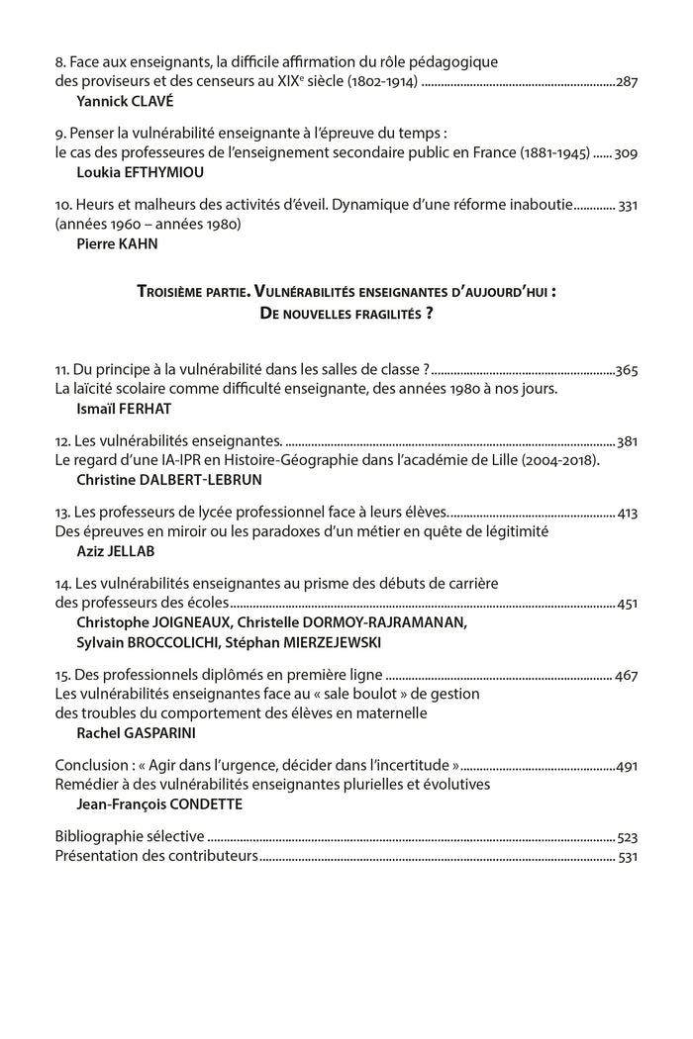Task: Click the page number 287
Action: pyautogui.click(x=627, y=81)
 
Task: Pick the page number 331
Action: pyautogui.click(x=627, y=205)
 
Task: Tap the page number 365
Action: pyautogui.click(x=627, y=370)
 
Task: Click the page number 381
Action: pyautogui.click(x=627, y=441)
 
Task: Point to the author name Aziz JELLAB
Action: pyautogui.click(x=108, y=550)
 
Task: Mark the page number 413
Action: pyautogui.click(x=627, y=513)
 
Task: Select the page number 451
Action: pyautogui.click(x=627, y=604)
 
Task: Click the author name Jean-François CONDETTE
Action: pyautogui.click(x=159, y=803)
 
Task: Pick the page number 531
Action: pyautogui.click(x=627, y=855)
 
